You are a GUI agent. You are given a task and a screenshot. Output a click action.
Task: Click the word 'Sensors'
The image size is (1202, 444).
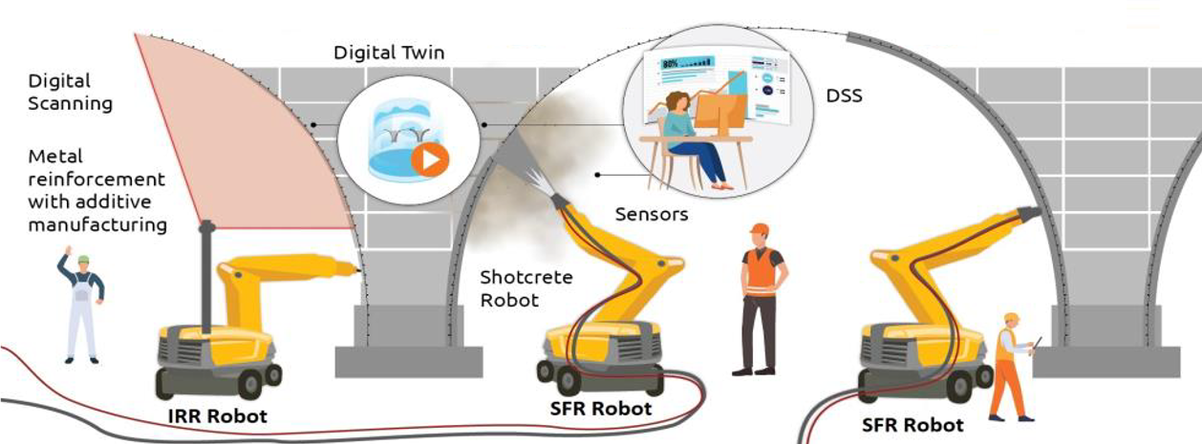652,215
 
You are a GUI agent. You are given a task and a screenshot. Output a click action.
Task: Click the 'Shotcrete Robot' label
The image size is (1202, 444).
526,288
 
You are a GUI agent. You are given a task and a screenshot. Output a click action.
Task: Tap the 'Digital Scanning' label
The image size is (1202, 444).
70,92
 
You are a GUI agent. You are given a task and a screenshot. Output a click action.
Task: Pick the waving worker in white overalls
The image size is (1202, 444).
82,306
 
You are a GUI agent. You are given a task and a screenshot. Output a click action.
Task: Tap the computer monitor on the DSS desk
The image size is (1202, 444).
719,119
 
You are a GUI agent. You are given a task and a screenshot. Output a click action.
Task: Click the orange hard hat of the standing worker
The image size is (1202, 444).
760,229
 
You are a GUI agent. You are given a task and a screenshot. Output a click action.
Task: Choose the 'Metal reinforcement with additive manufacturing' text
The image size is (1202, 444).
97,190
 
